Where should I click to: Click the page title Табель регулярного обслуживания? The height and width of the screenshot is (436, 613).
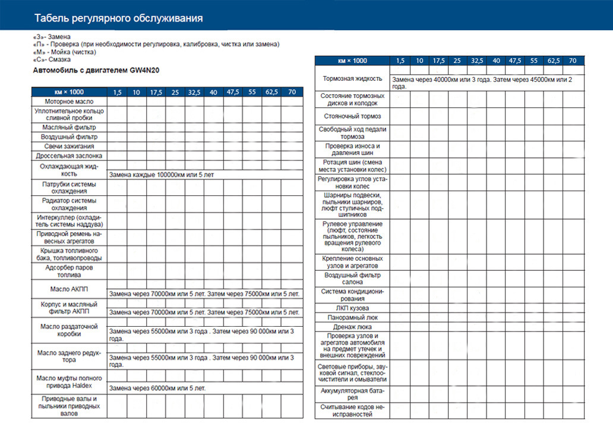coord(119,18)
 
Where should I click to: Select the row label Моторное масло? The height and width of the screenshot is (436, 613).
coord(69,102)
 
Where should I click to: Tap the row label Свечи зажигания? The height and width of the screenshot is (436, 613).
coord(69,146)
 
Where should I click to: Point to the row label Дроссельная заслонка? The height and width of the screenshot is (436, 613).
coord(69,156)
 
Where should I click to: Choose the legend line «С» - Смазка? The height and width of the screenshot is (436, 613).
coord(52,59)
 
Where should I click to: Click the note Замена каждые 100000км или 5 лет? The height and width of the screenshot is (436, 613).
coord(162,175)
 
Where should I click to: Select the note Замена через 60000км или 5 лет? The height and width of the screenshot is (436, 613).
coord(157,388)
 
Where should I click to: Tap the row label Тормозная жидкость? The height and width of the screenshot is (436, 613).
coord(352,78)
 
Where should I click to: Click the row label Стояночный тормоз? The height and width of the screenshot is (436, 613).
coord(352,116)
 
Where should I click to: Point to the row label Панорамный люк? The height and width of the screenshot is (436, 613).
coord(352,318)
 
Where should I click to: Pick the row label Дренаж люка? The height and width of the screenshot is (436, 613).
coord(352,327)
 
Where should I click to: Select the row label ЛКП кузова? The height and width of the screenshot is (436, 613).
coord(352,308)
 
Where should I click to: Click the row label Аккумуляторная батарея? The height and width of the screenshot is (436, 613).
coord(352,394)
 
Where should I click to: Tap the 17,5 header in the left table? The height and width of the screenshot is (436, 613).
coord(156,92)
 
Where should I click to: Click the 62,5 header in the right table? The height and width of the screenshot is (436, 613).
coord(554,61)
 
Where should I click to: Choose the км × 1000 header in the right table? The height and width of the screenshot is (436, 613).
coord(352,61)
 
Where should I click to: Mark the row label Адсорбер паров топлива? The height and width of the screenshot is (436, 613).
coord(69,271)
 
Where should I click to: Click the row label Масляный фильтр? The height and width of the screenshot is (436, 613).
coord(69,127)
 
